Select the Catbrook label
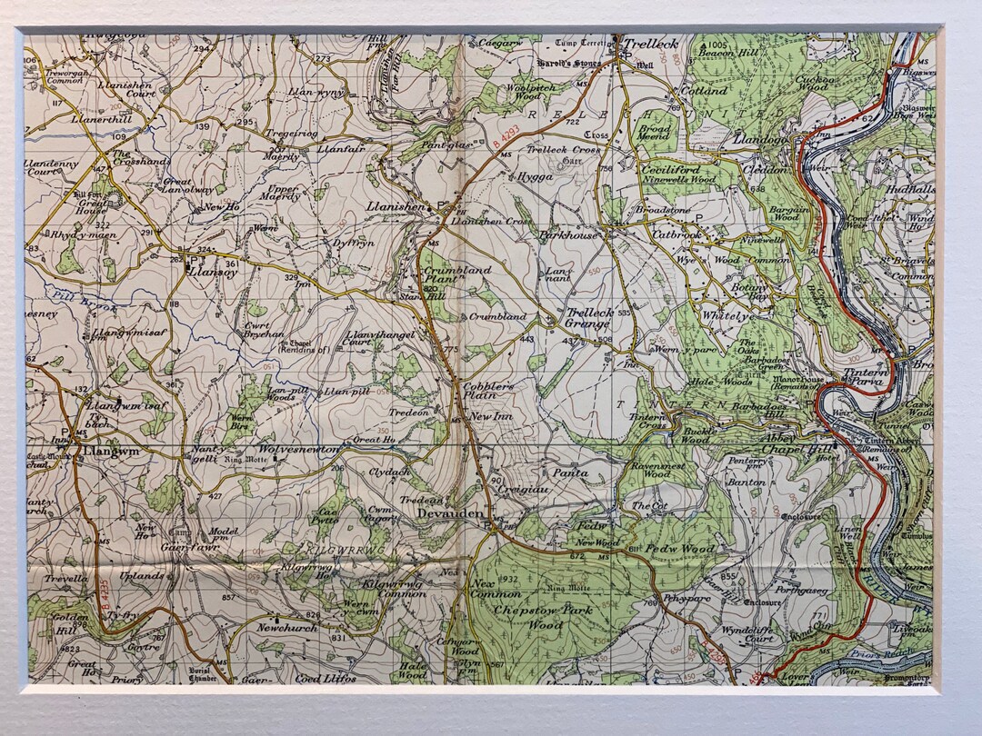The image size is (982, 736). [x=677, y=234]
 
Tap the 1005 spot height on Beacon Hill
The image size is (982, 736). [x=717, y=45]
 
